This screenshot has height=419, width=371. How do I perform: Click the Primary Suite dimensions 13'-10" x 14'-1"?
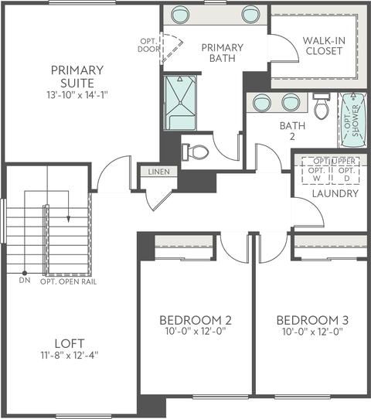[77, 95]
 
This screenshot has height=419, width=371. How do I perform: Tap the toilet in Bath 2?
[321, 107]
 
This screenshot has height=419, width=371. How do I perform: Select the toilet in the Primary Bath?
[196, 152]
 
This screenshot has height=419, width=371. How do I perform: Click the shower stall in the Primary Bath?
[180, 103]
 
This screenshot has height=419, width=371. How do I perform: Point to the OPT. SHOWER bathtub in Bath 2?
[353, 121]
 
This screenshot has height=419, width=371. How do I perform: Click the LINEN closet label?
[159, 172]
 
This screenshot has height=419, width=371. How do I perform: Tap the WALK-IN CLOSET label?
[324, 46]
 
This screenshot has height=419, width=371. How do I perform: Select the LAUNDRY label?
[335, 193]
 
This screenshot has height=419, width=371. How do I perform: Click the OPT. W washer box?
[317, 175]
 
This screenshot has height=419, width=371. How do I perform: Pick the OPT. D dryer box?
[346, 175]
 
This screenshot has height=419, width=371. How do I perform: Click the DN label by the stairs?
[25, 281]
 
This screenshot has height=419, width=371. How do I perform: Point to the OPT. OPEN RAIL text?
[68, 281]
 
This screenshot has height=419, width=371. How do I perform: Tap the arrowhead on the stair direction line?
[68, 219]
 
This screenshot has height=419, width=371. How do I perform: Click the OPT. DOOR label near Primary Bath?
[148, 45]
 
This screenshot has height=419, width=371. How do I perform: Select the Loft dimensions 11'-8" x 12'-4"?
[70, 355]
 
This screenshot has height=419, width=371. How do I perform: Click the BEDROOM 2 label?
[196, 320]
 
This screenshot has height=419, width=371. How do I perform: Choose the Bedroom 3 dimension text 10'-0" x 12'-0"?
[312, 332]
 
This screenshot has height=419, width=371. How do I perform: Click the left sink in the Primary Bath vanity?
[180, 15]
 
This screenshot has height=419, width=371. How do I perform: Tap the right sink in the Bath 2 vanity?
[291, 102]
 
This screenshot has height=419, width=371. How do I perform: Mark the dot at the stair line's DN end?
[25, 273]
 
